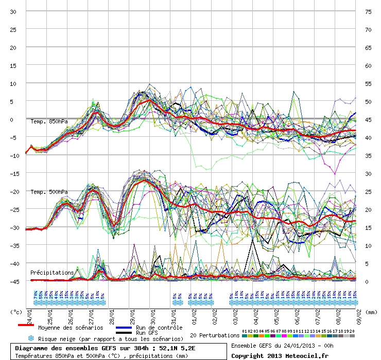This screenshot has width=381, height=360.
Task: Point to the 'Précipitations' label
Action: (52, 272)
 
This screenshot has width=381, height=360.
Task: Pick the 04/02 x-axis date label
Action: (256, 314)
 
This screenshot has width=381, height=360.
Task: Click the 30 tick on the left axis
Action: (13, 11)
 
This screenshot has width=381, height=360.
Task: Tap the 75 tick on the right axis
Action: (368, 11)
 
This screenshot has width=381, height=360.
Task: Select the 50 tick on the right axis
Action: (368, 101)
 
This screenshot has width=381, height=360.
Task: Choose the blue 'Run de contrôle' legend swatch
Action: (124, 327)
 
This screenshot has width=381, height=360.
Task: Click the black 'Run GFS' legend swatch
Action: (124, 333)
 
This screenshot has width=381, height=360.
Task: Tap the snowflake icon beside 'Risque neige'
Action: (31, 338)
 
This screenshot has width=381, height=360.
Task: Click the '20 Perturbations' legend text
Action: (215, 335)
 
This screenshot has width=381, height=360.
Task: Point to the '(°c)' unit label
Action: (17, 312)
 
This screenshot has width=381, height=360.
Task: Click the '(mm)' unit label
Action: (372, 312)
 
